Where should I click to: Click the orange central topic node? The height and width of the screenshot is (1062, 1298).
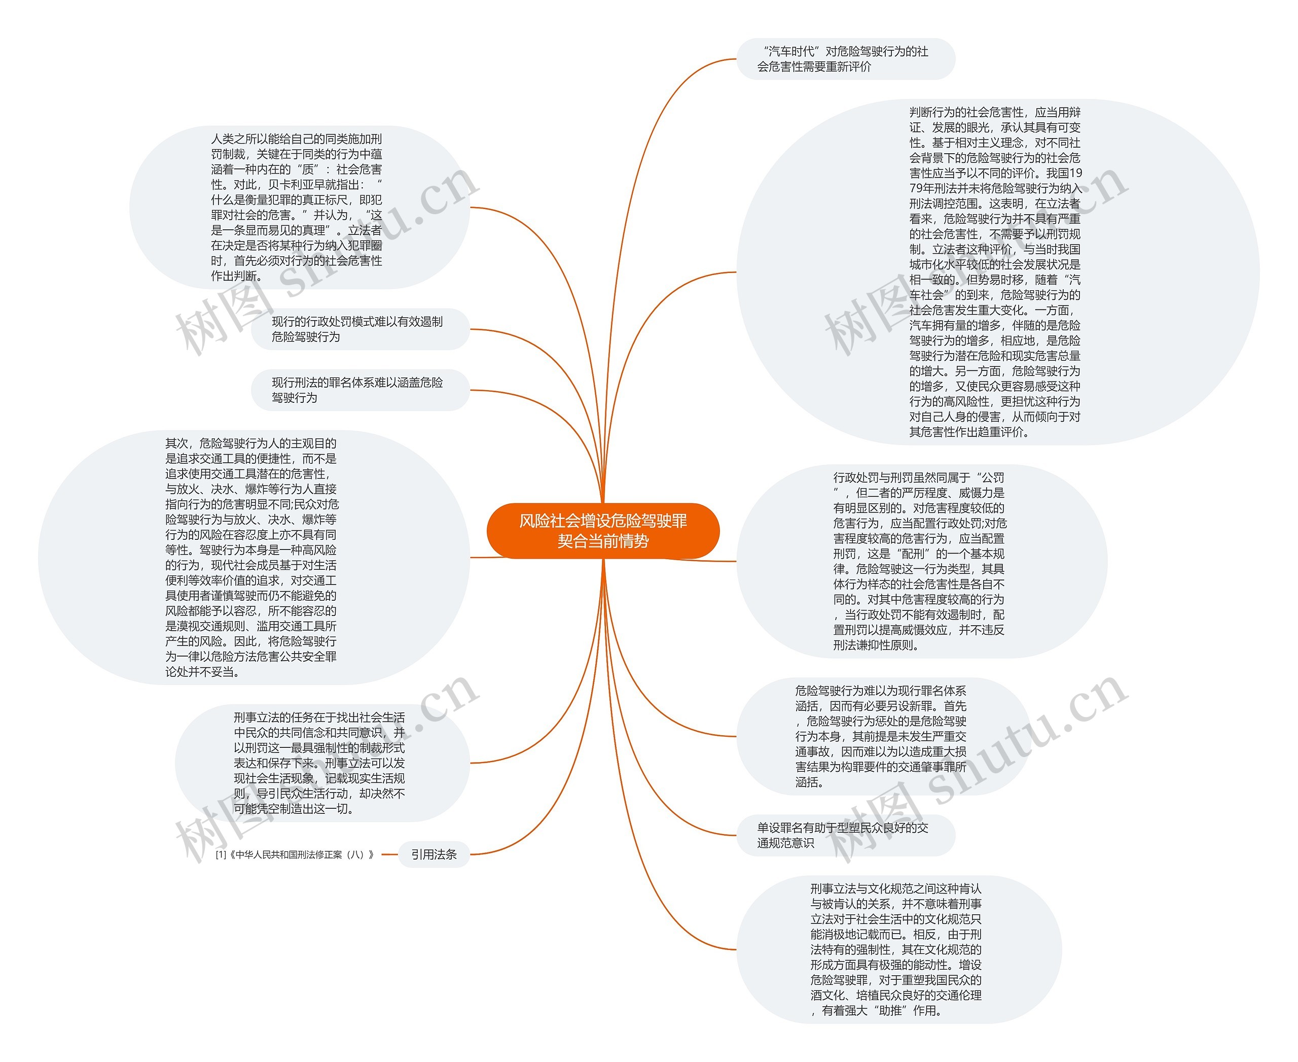[x=602, y=530]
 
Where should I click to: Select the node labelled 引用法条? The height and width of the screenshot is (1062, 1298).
[x=434, y=854]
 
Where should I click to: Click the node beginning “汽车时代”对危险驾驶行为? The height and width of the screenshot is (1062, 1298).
[x=844, y=59]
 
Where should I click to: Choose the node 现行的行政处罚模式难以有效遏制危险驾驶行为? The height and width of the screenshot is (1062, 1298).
[x=359, y=329]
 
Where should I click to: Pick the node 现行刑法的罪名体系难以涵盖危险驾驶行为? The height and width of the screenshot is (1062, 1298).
[x=359, y=390]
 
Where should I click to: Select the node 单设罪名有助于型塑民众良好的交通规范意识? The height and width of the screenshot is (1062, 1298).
[x=844, y=835]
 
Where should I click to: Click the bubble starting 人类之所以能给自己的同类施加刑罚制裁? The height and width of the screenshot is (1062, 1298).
[x=298, y=208]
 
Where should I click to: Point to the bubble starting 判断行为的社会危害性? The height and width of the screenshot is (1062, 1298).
[x=997, y=271]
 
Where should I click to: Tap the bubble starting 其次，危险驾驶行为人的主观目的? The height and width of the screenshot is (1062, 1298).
[x=252, y=557]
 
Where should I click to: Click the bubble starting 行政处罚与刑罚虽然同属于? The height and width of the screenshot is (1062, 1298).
[x=921, y=561]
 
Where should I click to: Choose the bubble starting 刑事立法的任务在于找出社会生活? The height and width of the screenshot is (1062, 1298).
[x=320, y=763]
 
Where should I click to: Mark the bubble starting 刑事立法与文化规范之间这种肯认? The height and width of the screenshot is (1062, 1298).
[x=897, y=949]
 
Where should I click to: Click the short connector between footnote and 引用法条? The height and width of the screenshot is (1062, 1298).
[x=389, y=854]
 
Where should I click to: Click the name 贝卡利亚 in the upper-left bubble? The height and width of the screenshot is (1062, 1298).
[x=292, y=185]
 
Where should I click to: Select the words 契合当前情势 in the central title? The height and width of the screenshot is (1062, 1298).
[x=602, y=541]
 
